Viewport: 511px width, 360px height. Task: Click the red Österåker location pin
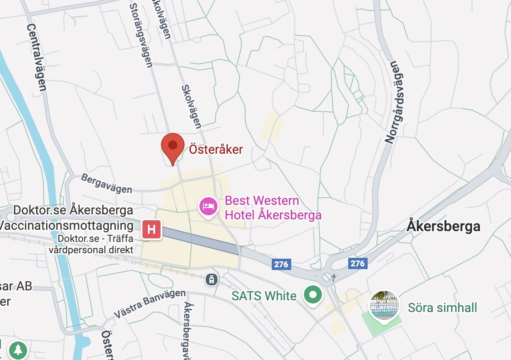(x=173, y=147)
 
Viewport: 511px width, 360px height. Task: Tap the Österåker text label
(x=216, y=150)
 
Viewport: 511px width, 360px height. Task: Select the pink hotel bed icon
(x=208, y=207)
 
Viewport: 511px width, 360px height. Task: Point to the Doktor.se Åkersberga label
(x=73, y=210)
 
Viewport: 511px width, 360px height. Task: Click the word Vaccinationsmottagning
(x=67, y=226)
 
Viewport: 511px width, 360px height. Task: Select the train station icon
(x=211, y=279)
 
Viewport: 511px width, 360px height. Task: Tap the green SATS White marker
(x=312, y=295)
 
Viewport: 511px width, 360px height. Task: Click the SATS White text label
(x=264, y=296)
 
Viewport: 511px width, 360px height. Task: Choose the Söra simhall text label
(x=442, y=308)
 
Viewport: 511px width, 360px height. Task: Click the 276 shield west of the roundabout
(x=281, y=264)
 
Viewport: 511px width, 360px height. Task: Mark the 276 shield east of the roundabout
(x=357, y=263)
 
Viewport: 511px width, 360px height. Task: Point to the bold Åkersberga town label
(x=443, y=226)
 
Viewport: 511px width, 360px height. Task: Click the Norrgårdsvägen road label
(x=394, y=102)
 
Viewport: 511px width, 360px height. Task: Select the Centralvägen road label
(x=37, y=57)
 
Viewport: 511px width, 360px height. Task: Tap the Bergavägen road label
(x=107, y=184)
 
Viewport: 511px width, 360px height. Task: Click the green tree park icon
(x=18, y=350)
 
